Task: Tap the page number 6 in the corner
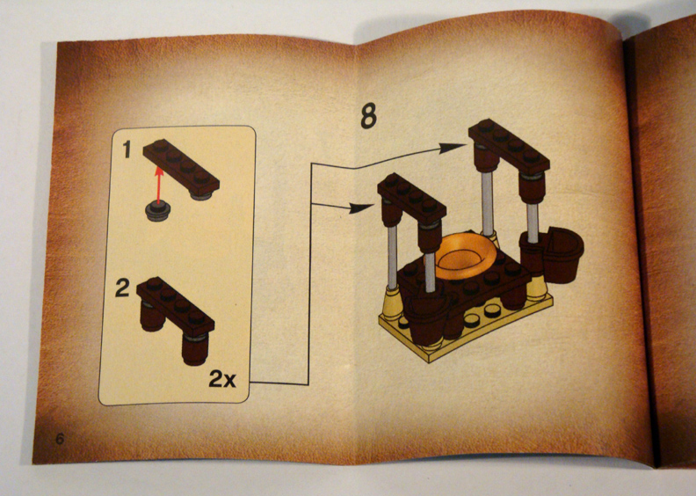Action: coord(60,438)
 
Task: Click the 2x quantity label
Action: coord(223,379)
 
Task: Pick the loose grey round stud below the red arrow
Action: coord(158,211)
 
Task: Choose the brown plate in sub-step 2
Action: coord(175,304)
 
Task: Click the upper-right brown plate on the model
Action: coord(509,146)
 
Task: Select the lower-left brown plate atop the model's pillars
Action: coord(414,199)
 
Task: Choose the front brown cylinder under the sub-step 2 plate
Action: coord(194,347)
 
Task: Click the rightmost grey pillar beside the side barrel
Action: coord(533,220)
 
